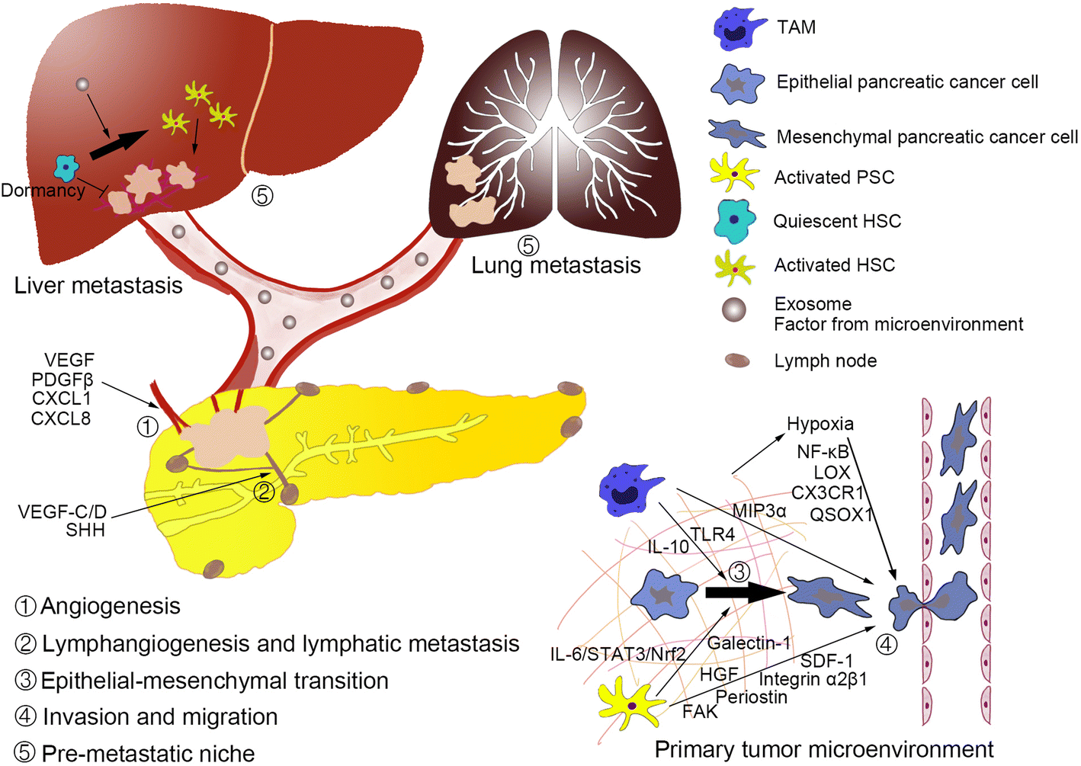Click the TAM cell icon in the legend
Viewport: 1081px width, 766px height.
point(738,29)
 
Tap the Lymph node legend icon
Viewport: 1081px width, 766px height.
point(736,361)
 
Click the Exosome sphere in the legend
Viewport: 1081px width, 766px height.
point(734,309)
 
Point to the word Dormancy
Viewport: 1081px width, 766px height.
point(43,191)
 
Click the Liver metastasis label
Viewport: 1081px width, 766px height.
point(98,286)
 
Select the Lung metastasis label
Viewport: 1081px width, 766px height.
point(556,265)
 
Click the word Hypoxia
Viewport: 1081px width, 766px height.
point(820,424)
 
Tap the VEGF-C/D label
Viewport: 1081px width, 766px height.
point(63,511)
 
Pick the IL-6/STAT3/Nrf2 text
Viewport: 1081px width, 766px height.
point(618,654)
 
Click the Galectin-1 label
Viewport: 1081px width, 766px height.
point(749,643)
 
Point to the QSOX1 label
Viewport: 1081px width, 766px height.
point(840,515)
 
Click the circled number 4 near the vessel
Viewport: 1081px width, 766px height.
point(886,645)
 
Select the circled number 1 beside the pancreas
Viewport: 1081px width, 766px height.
point(147,426)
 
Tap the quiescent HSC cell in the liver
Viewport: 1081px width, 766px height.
point(66,167)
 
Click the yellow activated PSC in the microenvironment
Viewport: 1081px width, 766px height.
point(630,705)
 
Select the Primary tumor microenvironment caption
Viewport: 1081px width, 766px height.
point(823,750)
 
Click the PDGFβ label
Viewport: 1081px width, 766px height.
point(62,380)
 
